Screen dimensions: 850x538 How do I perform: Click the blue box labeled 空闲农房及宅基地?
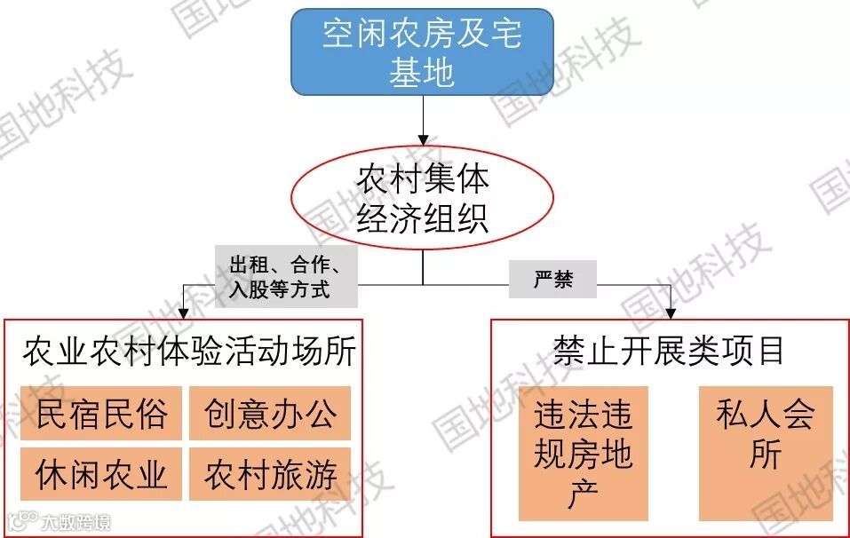pyautogui.click(x=422, y=52)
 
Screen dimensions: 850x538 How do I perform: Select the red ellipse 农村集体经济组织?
pyautogui.click(x=423, y=198)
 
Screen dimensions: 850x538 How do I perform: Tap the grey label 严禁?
pyautogui.click(x=552, y=280)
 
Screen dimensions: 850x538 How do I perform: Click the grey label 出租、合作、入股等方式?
pyautogui.click(x=286, y=277)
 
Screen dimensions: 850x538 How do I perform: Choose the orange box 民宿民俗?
pyautogui.click(x=101, y=414)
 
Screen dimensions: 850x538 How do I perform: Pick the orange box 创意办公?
pyautogui.click(x=270, y=414)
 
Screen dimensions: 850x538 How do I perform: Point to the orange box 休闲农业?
pyautogui.click(x=101, y=475)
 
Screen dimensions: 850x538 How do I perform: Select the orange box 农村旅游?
pyautogui.click(x=270, y=475)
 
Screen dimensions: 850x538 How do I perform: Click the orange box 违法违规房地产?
pyautogui.click(x=584, y=454)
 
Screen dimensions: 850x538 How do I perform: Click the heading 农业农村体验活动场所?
pyautogui.click(x=189, y=352)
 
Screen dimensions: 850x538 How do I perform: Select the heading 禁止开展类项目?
pyautogui.click(x=669, y=351)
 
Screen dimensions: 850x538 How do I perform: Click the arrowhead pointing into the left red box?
pyautogui.click(x=182, y=313)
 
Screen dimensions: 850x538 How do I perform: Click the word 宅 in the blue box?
pyautogui.click(x=505, y=35)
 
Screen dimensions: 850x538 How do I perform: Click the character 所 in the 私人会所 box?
pyautogui.click(x=766, y=455)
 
